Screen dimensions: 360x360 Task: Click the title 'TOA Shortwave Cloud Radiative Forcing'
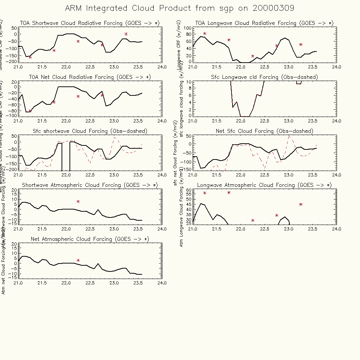pos(77,23)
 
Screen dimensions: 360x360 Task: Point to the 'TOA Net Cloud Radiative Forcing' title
pos(77,77)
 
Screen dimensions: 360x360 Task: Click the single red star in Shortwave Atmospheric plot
pos(78,202)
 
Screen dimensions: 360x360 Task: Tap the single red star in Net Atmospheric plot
pos(78,260)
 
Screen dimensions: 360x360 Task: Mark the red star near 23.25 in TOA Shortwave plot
pos(126,34)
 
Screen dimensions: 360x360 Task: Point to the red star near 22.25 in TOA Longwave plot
pos(253,56)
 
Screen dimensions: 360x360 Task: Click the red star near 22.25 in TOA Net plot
pos(78,96)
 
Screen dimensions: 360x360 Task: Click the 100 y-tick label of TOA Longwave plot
pos(187,28)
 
